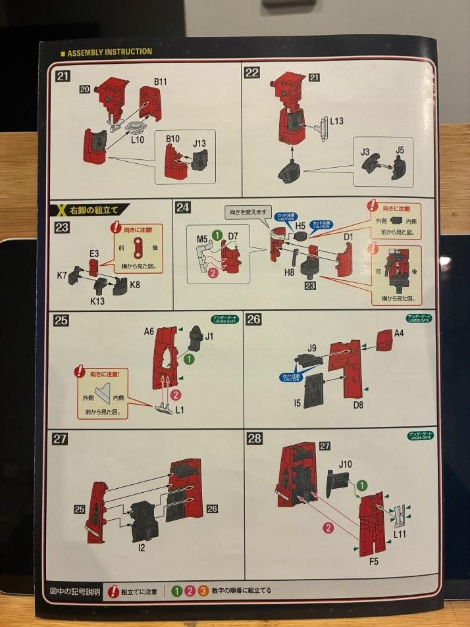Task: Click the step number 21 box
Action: (64, 75)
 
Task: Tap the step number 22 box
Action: (252, 72)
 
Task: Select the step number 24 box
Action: (184, 208)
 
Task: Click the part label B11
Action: (161, 82)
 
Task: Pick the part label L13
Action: (336, 121)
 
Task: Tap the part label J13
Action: (199, 143)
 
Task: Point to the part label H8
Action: (290, 272)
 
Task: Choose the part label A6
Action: (149, 332)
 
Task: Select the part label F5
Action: (374, 561)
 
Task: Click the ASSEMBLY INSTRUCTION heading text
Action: (110, 52)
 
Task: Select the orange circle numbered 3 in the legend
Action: (203, 590)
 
